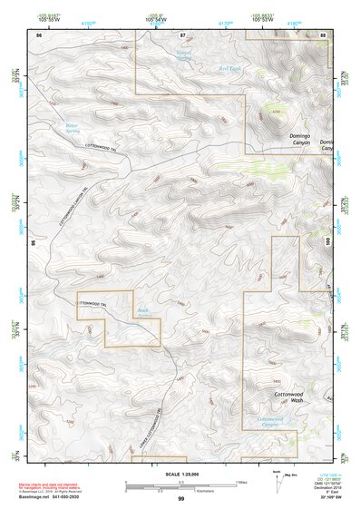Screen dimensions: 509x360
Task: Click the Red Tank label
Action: (x=229, y=68)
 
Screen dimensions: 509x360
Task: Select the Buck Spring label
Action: (x=142, y=312)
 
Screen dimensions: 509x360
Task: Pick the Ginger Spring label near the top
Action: (x=185, y=55)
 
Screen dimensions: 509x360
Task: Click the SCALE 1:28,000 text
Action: (x=180, y=475)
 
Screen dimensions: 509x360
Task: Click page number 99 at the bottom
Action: (x=180, y=499)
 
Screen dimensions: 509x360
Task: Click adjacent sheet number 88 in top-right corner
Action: (x=323, y=34)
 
